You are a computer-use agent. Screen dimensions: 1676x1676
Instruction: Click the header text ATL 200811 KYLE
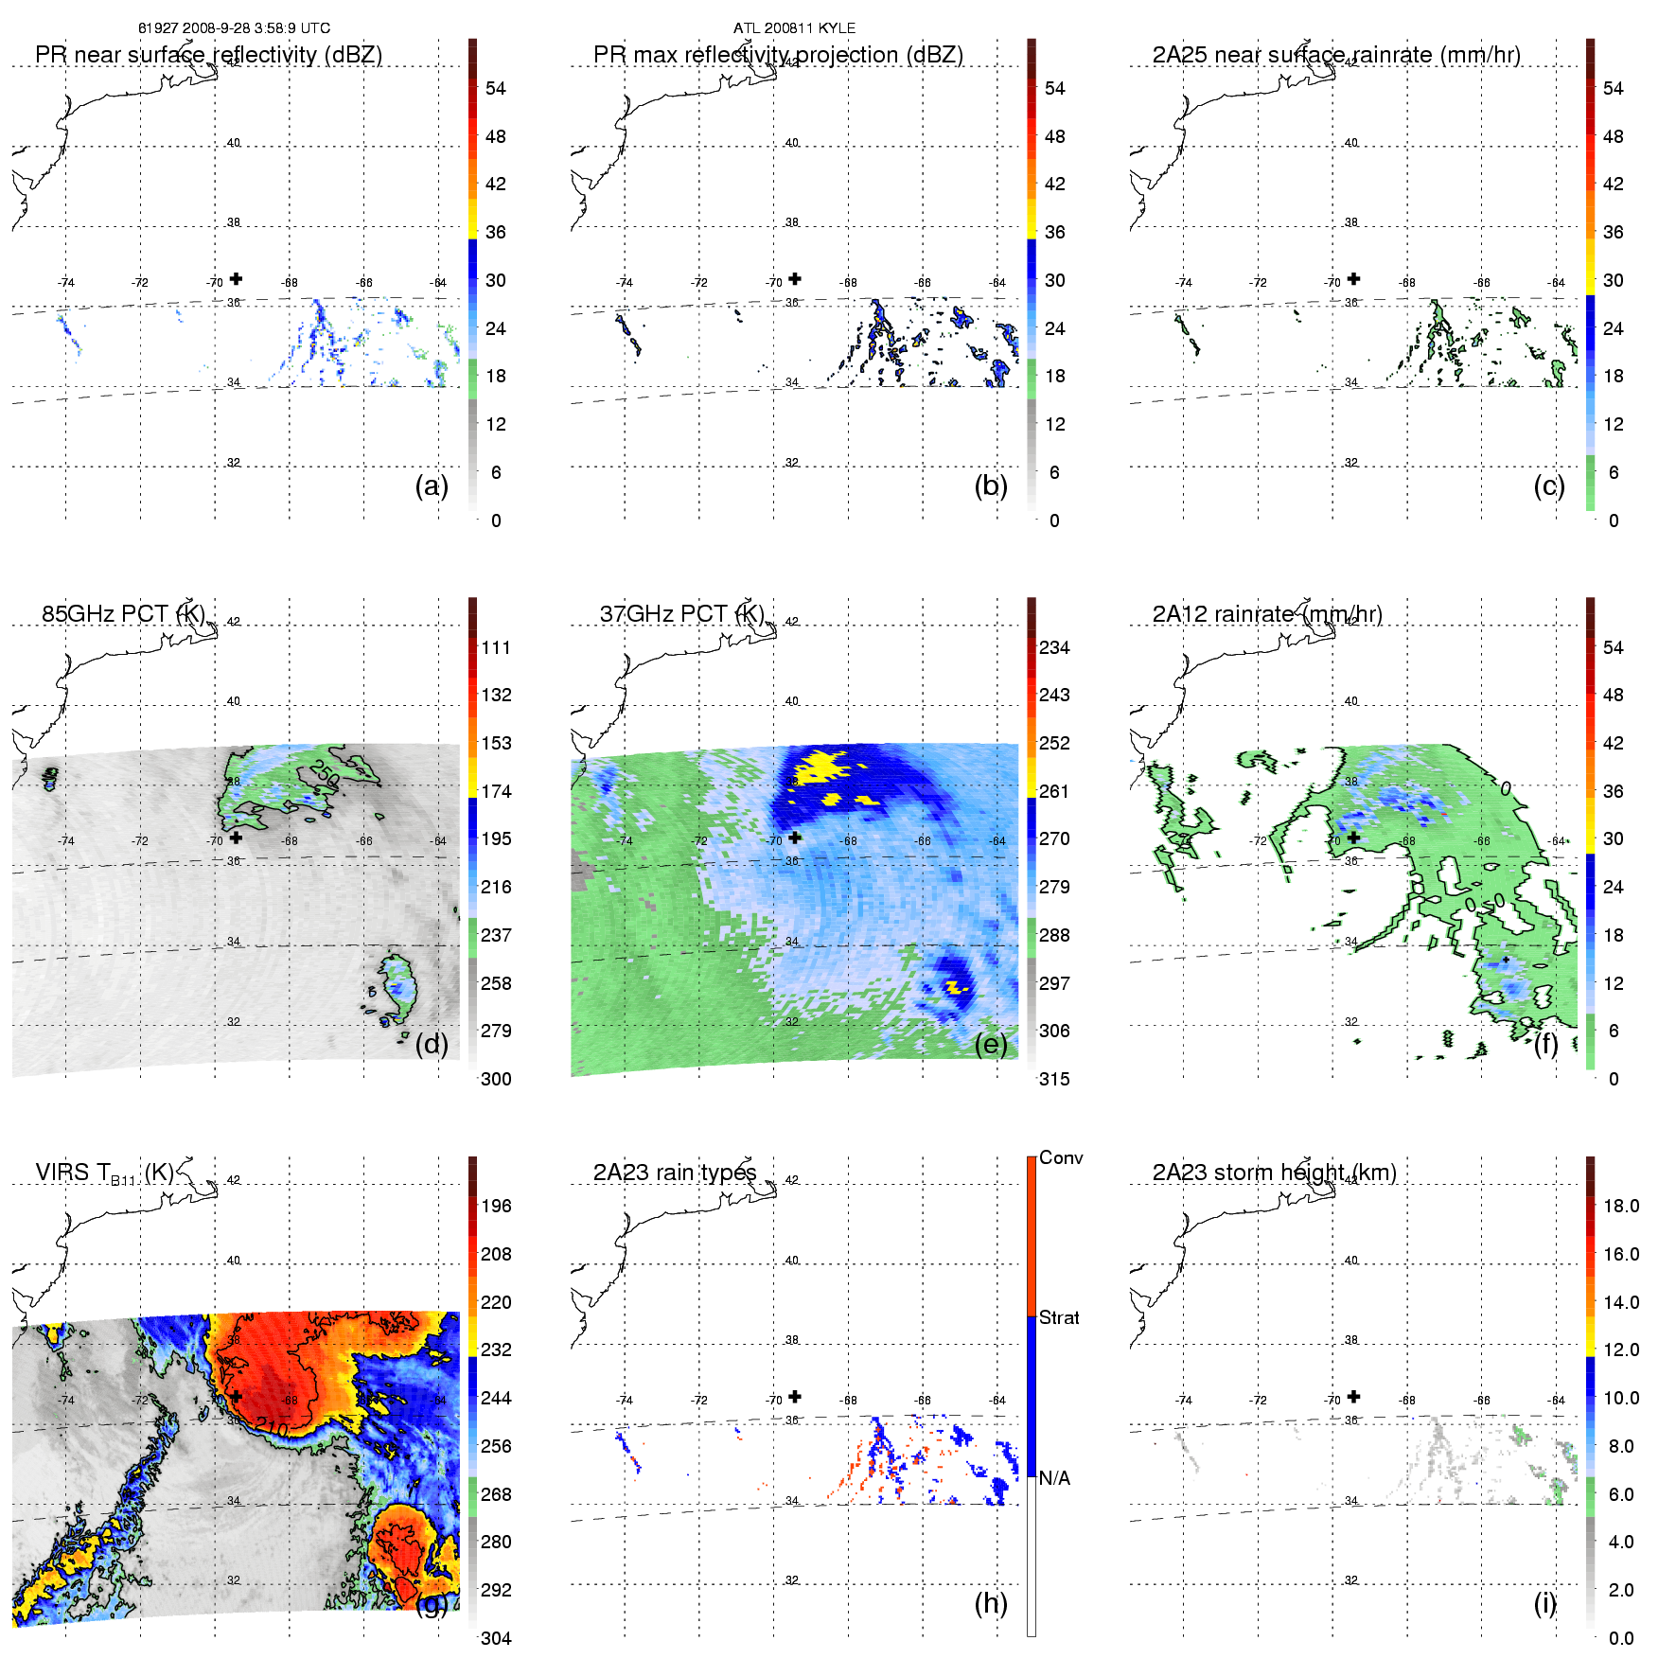[x=794, y=28]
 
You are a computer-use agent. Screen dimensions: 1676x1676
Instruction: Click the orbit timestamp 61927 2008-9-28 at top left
[x=234, y=28]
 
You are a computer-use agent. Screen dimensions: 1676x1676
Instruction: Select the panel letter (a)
[x=432, y=485]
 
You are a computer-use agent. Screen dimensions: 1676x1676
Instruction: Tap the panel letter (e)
[x=990, y=1044]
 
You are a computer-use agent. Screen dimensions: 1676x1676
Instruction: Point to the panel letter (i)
[x=1544, y=1603]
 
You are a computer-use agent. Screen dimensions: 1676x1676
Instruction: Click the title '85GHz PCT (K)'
[x=123, y=614]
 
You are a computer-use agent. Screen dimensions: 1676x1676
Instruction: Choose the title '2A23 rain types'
[x=675, y=1173]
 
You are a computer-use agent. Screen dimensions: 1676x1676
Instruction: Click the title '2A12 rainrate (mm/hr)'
[x=1267, y=614]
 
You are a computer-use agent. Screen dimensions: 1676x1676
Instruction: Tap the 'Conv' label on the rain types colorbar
[x=1061, y=1157]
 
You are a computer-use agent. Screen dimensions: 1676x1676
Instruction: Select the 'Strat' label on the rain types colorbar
[x=1059, y=1317]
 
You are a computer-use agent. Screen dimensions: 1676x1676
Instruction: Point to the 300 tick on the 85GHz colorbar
[x=496, y=1079]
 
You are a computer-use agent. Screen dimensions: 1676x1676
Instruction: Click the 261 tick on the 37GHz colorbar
[x=1054, y=791]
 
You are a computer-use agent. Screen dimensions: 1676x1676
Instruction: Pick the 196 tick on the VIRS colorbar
[x=496, y=1206]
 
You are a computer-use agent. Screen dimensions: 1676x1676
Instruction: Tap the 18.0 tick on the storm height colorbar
[x=1621, y=1206]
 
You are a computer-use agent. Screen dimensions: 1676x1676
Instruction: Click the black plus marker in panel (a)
[x=236, y=278]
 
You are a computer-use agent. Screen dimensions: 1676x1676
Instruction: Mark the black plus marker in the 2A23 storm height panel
[x=1354, y=1396]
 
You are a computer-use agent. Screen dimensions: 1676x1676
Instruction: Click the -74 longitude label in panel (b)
[x=625, y=282]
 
